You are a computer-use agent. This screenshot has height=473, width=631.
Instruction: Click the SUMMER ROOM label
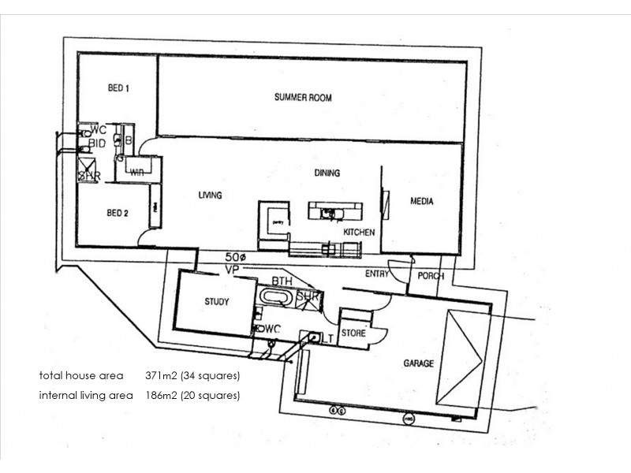click(x=303, y=98)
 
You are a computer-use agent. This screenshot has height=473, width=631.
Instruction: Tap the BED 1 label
click(x=118, y=88)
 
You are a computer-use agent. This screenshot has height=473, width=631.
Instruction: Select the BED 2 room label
click(x=118, y=213)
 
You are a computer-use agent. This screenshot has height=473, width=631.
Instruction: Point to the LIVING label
click(x=210, y=195)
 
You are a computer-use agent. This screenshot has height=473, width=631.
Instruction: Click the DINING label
click(x=327, y=173)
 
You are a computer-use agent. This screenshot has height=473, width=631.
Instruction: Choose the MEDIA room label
click(x=422, y=201)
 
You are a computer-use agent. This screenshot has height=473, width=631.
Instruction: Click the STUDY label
click(x=216, y=302)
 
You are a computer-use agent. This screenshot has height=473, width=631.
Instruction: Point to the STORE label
click(x=354, y=333)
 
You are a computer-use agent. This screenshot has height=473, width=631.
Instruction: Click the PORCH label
click(x=431, y=277)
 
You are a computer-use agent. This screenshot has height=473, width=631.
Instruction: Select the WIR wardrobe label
click(x=136, y=170)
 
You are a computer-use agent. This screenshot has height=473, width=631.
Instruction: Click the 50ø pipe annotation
click(x=236, y=257)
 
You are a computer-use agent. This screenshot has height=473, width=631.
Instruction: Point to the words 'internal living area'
click(x=87, y=395)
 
